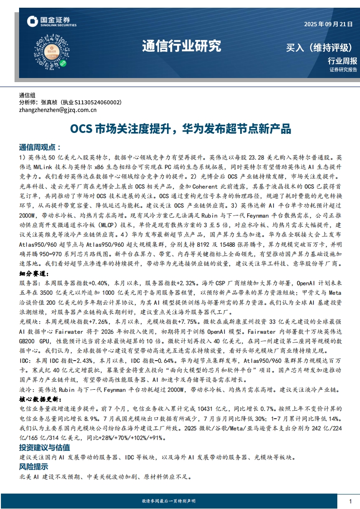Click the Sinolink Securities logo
click(x=48, y=21)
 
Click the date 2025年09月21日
click(x=328, y=24)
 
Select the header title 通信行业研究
click(x=182, y=46)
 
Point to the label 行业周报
click(x=342, y=61)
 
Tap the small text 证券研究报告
click(x=343, y=70)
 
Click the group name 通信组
click(x=27, y=95)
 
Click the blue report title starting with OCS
click(x=180, y=129)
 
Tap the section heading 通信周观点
click(x=40, y=147)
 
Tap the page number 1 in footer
click(x=350, y=501)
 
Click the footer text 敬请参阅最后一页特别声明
click(x=168, y=501)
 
